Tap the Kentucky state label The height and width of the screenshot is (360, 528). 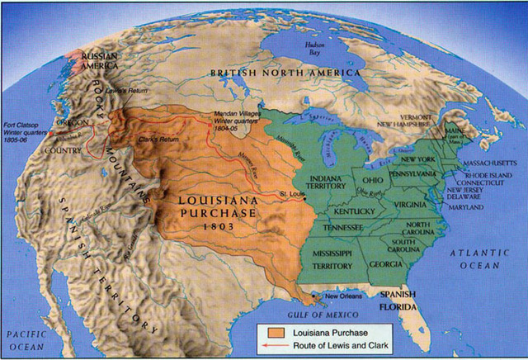coord(356,211)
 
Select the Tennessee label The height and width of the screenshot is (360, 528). coord(345,226)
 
